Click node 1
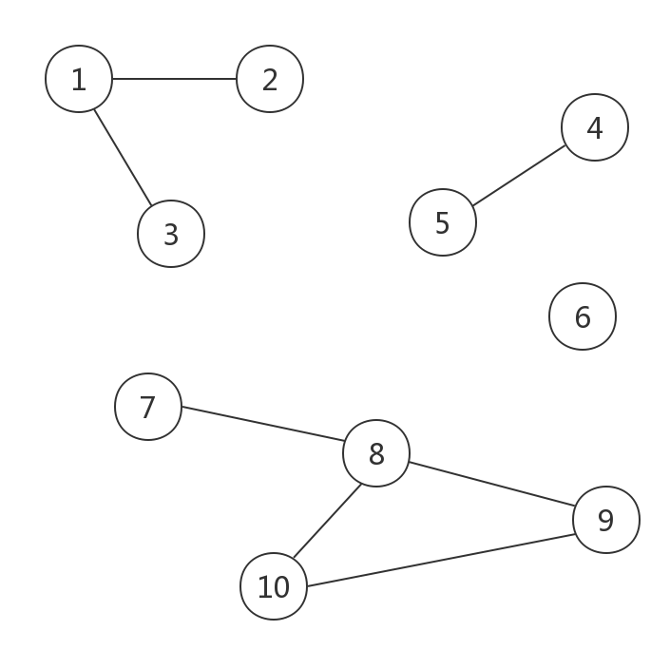pyautogui.click(x=79, y=79)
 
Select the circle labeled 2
pyautogui.click(x=270, y=79)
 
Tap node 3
pyautogui.click(x=171, y=234)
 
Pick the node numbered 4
pyautogui.click(x=595, y=127)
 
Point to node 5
pyautogui.click(x=443, y=222)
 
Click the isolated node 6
pyautogui.click(x=583, y=316)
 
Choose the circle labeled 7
pyautogui.click(x=148, y=407)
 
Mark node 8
pyautogui.click(x=376, y=453)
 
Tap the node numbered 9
pyautogui.click(x=606, y=520)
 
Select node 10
pyautogui.click(x=274, y=586)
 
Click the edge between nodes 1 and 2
pyautogui.click(x=174, y=79)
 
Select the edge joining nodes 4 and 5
pyautogui.click(x=519, y=175)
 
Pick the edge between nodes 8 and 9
pyautogui.click(x=491, y=487)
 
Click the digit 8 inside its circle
pyautogui.click(x=376, y=454)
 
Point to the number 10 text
pyautogui.click(x=274, y=587)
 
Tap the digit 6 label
pyautogui.click(x=583, y=317)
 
